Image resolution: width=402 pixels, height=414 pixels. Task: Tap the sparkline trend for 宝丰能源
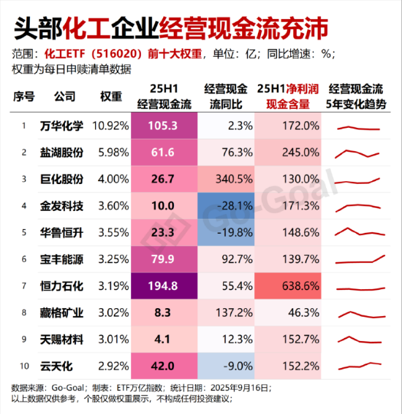360,258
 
